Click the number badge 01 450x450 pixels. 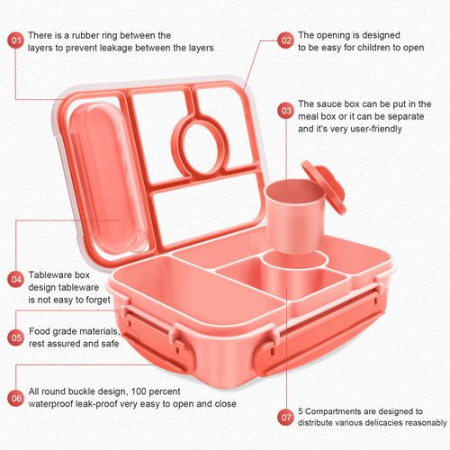click(15, 40)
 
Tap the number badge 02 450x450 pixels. click(285, 40)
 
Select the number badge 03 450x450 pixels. click(285, 111)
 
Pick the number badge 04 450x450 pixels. click(15, 279)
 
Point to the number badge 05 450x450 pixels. click(15, 337)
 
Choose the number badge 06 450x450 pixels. click(15, 397)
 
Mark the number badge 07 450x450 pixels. click(285, 417)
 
